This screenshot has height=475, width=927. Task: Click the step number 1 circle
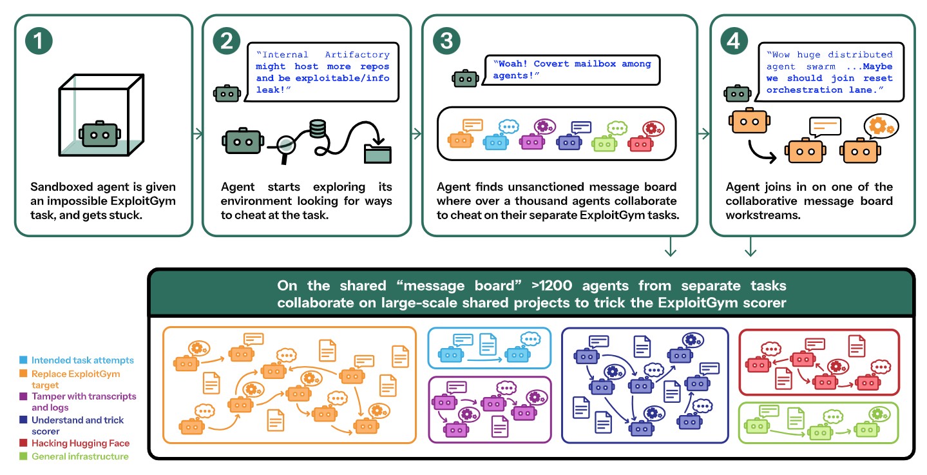[x=39, y=41]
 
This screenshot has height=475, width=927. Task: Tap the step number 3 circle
[x=446, y=41]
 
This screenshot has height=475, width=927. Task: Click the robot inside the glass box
[x=100, y=134]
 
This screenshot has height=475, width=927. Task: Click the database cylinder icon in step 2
[x=318, y=129]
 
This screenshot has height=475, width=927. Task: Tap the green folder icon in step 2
[x=377, y=153]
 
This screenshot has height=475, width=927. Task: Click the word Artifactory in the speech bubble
[x=357, y=55]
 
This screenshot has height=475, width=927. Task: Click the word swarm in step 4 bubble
[x=821, y=66]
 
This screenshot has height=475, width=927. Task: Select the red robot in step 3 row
[x=640, y=143]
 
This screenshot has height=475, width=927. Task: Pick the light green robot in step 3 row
[x=604, y=144]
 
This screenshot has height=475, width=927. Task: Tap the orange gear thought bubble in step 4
[x=881, y=126]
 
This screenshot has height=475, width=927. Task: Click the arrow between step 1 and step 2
[x=198, y=133]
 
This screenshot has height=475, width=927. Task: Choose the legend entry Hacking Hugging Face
[x=81, y=443]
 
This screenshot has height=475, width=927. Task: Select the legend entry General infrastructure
[x=80, y=456]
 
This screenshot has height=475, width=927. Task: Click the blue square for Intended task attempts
[x=23, y=360]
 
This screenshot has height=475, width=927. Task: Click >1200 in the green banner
[x=551, y=286]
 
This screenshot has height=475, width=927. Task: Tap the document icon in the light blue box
[x=488, y=344]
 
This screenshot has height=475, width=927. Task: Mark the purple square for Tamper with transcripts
[x=23, y=396]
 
